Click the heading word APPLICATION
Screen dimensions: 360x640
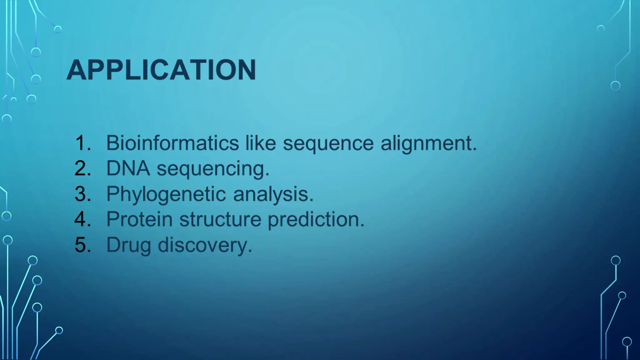click(x=161, y=70)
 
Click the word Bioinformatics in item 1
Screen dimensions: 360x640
click(x=172, y=143)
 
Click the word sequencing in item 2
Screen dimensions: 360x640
click(x=212, y=169)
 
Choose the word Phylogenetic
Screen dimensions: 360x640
click(x=166, y=194)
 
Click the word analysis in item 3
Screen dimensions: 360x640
click(x=273, y=194)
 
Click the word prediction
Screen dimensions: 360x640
click(x=316, y=219)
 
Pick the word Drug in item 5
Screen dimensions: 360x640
click(x=129, y=245)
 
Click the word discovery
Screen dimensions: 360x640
click(x=205, y=245)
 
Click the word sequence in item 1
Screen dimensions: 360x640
click(x=328, y=144)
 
